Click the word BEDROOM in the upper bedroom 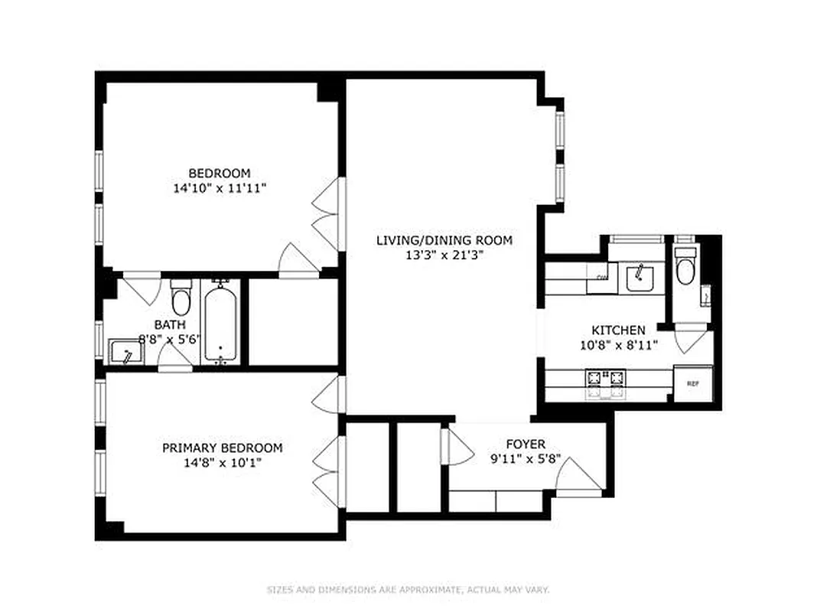point(220,173)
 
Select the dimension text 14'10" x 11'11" point(220,187)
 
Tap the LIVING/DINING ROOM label point(444,240)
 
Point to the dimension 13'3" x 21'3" point(444,255)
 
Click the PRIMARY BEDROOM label point(222,448)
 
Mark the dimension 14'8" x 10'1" point(222,462)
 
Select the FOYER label point(526,444)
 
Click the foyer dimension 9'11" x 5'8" point(526,459)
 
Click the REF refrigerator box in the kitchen point(692,383)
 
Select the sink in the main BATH point(125,353)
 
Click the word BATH point(170,324)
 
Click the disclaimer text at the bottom point(408,590)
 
